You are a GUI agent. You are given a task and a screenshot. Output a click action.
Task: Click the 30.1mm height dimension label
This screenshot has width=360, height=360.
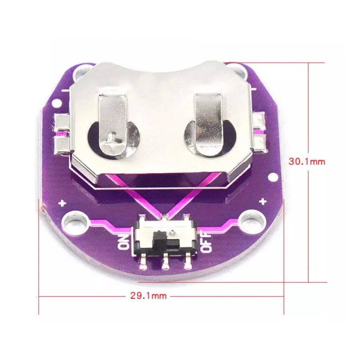click(307, 162)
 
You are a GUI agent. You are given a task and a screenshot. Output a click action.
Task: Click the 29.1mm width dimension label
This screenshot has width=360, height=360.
click(148, 296)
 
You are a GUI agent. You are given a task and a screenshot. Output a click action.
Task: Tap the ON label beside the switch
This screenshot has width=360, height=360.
click(124, 242)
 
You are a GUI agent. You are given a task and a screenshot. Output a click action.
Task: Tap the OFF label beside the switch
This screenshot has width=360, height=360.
click(206, 242)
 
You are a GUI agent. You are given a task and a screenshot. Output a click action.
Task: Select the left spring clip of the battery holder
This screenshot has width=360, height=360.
click(113, 125)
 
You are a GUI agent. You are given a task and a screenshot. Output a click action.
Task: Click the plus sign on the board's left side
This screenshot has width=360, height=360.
click(62, 203)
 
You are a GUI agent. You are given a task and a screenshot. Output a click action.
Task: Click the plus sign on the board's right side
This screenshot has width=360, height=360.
click(263, 202)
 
